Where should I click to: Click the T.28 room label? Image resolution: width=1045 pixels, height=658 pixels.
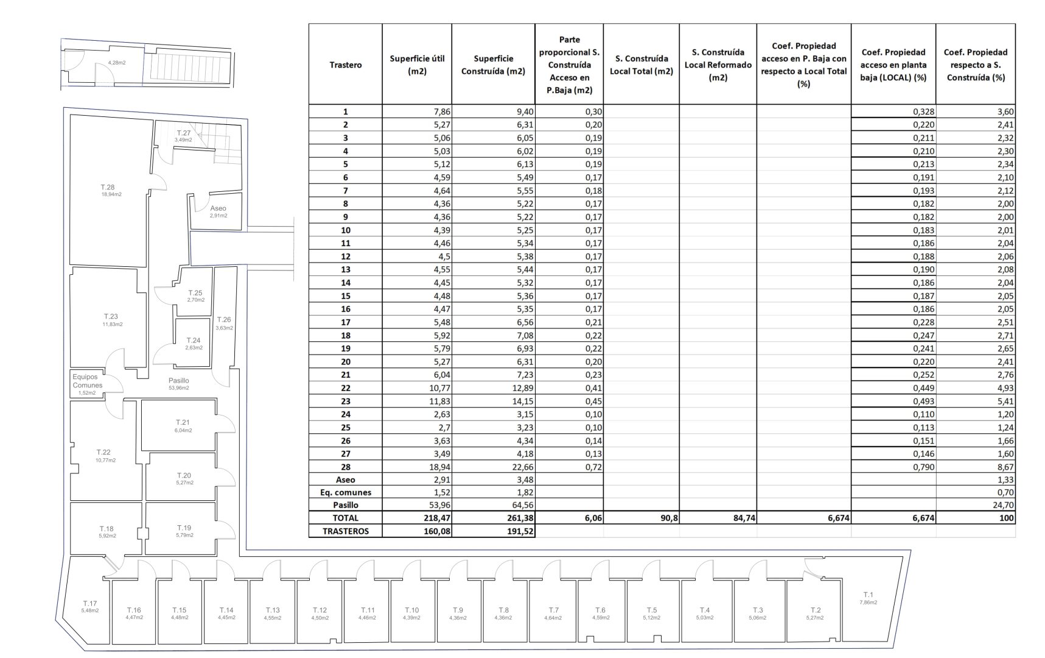107,188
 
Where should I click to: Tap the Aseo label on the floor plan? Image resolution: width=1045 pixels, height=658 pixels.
218,208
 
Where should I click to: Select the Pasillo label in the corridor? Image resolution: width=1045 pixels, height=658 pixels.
178,381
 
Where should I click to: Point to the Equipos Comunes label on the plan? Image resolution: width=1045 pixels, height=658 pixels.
88,381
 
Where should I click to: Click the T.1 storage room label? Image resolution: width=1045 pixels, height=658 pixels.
868,595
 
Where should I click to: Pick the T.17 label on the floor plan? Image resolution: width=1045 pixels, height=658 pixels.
89,604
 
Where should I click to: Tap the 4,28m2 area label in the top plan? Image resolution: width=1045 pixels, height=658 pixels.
117,63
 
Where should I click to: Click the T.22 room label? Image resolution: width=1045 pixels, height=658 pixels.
103,453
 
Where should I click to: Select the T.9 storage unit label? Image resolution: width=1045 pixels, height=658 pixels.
458,610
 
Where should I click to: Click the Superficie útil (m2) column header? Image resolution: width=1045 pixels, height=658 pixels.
417,65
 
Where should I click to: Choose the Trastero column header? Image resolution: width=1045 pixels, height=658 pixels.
345,65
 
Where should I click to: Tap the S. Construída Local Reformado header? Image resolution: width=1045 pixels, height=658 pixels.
718,65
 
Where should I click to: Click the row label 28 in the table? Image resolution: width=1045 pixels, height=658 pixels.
345,467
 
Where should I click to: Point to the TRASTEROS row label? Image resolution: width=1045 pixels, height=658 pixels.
345,531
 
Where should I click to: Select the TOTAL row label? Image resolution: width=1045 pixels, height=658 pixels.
345,518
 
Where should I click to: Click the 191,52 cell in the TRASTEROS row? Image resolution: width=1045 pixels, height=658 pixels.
517,531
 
